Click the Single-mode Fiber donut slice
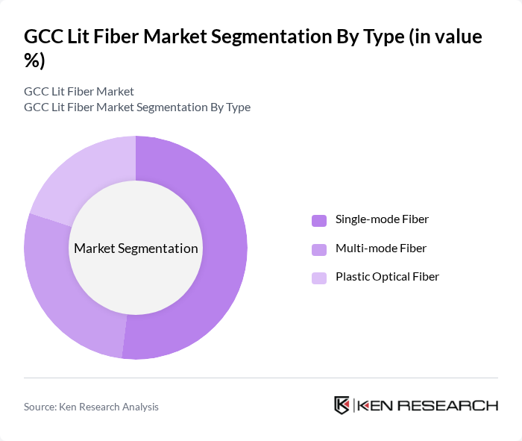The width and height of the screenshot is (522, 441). coord(224,246)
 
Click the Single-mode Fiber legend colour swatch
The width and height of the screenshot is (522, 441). coord(319,220)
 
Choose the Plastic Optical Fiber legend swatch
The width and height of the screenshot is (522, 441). coord(319,278)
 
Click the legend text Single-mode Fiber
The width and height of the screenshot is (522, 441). coord(382,219)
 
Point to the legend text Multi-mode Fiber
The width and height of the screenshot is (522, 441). coord(381,248)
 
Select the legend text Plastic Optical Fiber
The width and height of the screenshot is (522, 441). coord(387,276)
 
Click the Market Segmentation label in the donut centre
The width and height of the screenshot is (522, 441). coord(136,248)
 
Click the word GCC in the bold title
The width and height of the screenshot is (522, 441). coord(43,37)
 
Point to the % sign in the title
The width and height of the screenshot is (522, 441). coord(34,61)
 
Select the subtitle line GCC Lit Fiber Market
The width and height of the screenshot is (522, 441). coord(79,91)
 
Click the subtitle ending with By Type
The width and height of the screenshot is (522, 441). coord(137,107)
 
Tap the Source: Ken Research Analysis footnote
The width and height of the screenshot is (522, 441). coord(91,407)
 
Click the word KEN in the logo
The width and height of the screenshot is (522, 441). coord(376,406)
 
